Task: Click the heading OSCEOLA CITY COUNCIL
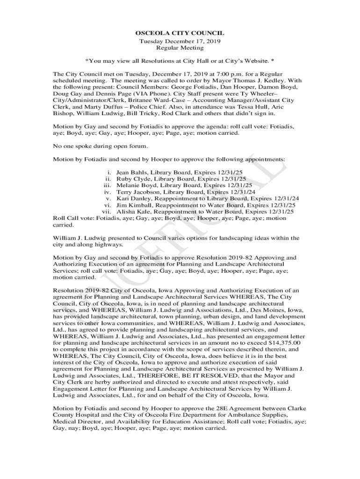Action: click(180, 33)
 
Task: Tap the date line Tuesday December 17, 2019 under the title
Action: click(180, 41)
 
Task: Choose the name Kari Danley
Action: click(133, 198)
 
